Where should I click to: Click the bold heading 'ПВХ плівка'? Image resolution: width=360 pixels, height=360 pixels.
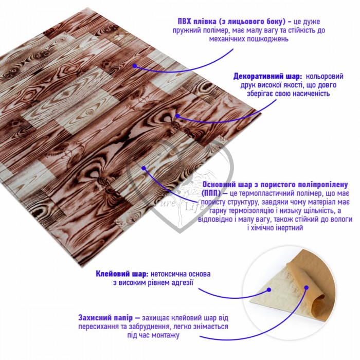pyautogui.click(x=197, y=22)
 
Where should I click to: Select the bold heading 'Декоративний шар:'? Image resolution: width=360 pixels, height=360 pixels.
pyautogui.click(x=268, y=77)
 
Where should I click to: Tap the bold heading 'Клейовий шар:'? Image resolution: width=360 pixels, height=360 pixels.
pyautogui.click(x=122, y=274)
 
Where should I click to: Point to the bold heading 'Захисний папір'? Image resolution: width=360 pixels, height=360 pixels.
pyautogui.click(x=105, y=318)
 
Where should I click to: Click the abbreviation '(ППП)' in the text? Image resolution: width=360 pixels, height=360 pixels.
pyautogui.click(x=211, y=193)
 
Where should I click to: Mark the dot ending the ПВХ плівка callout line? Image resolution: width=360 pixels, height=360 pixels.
pyautogui.click(x=135, y=66)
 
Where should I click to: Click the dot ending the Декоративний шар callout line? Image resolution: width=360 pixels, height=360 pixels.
pyautogui.click(x=177, y=116)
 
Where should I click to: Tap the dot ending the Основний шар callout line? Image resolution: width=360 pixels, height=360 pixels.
pyautogui.click(x=143, y=168)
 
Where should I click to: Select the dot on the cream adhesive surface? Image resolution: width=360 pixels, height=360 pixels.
pyautogui.click(x=269, y=290)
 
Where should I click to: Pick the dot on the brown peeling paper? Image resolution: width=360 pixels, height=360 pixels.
pyautogui.click(x=306, y=287)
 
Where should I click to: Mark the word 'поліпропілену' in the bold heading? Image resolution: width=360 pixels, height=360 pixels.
pyautogui.click(x=322, y=185)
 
